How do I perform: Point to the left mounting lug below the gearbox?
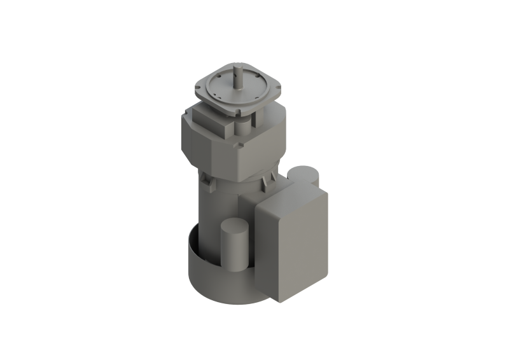pos(208,180)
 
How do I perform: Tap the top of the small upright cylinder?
pos(234,226)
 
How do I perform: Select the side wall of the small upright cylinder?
pos(234,251)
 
